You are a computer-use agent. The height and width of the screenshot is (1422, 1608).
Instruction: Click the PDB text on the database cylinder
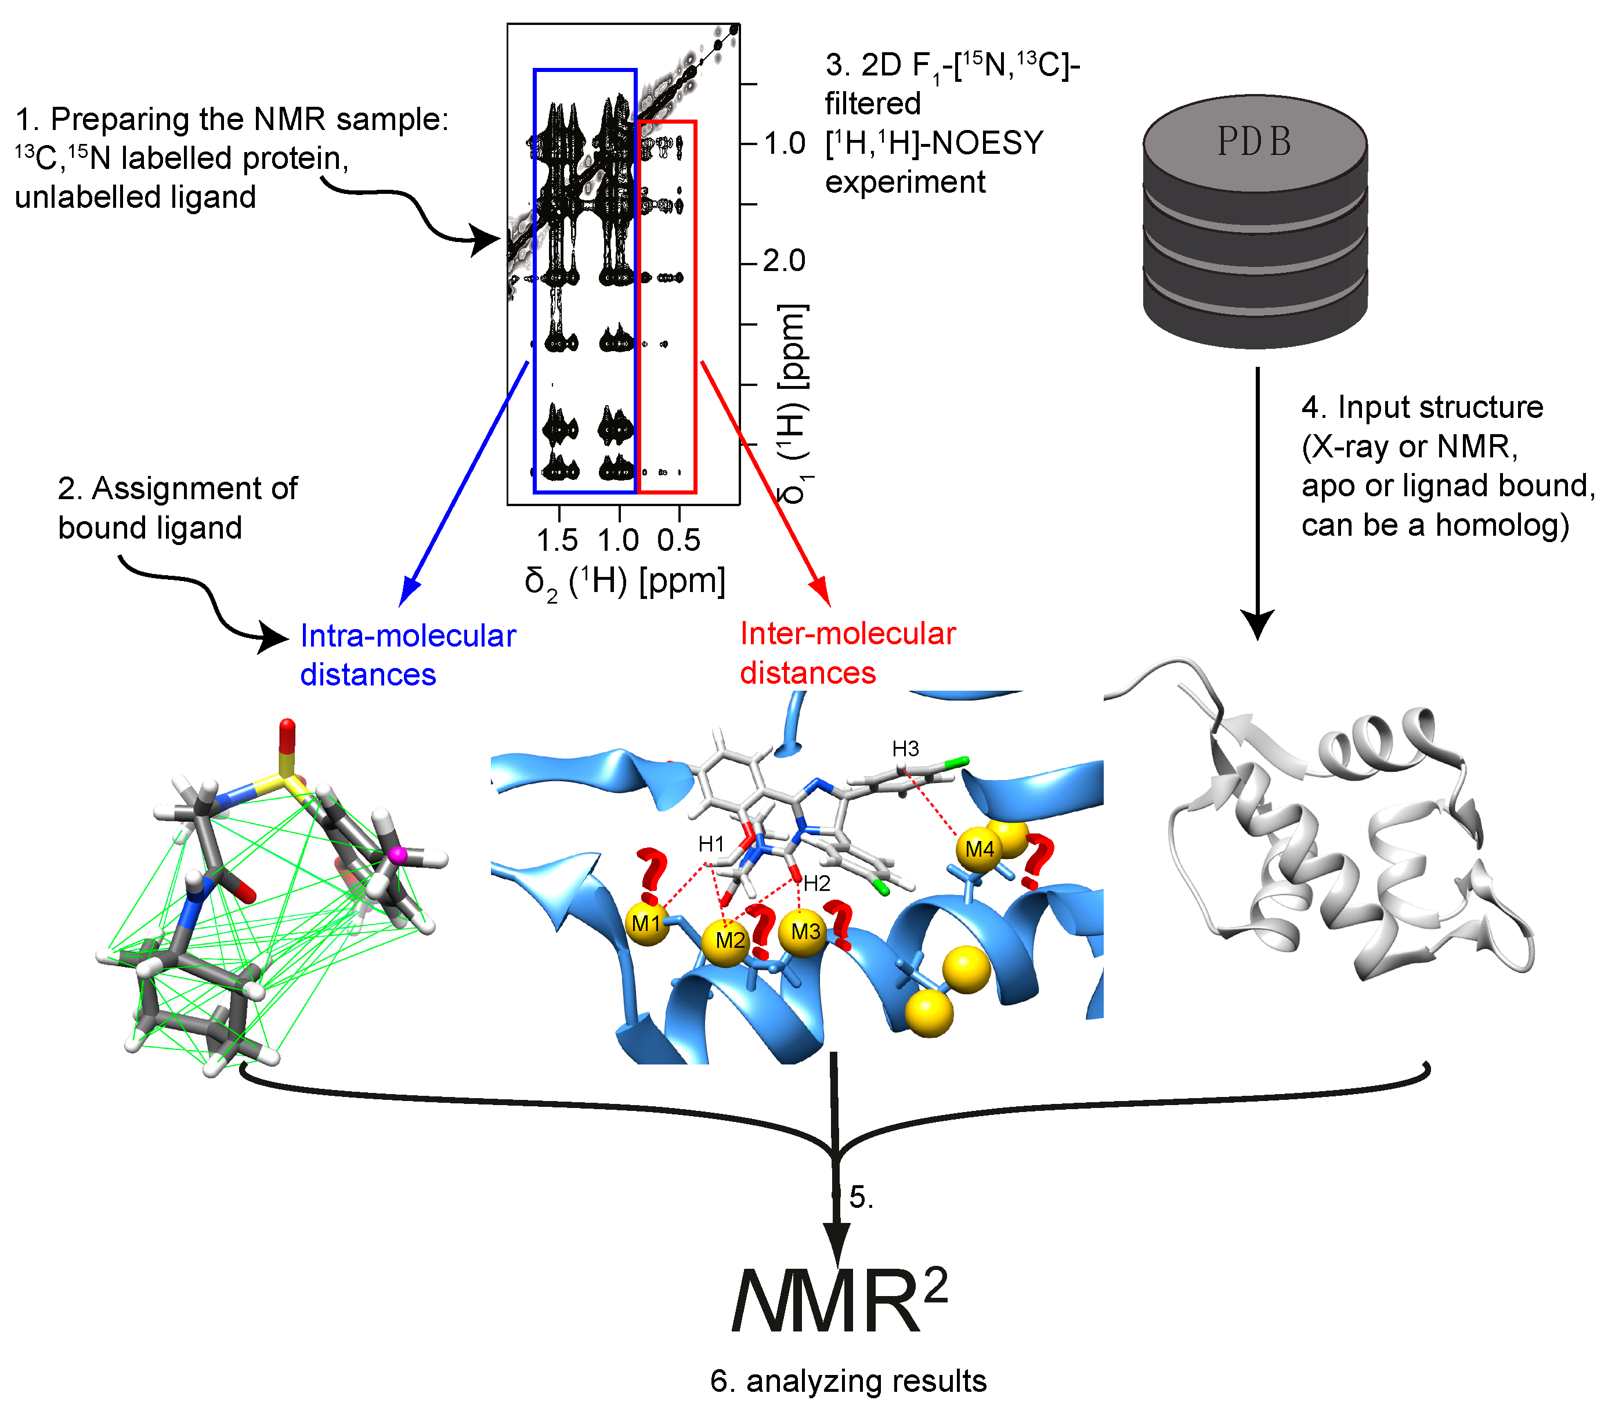[1254, 142]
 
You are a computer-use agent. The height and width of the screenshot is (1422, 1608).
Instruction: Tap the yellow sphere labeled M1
[646, 923]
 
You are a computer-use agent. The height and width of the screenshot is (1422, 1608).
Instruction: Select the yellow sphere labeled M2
[729, 940]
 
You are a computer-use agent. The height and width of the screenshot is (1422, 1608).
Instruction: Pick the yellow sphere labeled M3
[805, 932]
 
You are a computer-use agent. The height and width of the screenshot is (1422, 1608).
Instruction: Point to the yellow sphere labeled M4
[980, 849]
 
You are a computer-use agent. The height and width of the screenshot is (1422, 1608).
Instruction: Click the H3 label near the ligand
[905, 748]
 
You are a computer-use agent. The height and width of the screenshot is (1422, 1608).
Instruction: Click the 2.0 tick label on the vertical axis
[785, 261]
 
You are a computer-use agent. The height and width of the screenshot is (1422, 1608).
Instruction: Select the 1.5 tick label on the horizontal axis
[557, 540]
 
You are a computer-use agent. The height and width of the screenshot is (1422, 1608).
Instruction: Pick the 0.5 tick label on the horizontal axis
[678, 540]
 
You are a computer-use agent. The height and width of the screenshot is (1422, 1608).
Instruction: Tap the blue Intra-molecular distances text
[407, 655]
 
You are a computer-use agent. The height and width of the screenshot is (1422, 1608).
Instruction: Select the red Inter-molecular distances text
[847, 652]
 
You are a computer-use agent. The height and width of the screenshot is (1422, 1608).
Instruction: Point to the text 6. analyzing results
[848, 1381]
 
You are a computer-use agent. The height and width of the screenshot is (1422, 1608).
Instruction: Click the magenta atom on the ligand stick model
[398, 854]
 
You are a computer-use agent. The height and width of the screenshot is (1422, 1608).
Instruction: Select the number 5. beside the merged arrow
[861, 1197]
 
